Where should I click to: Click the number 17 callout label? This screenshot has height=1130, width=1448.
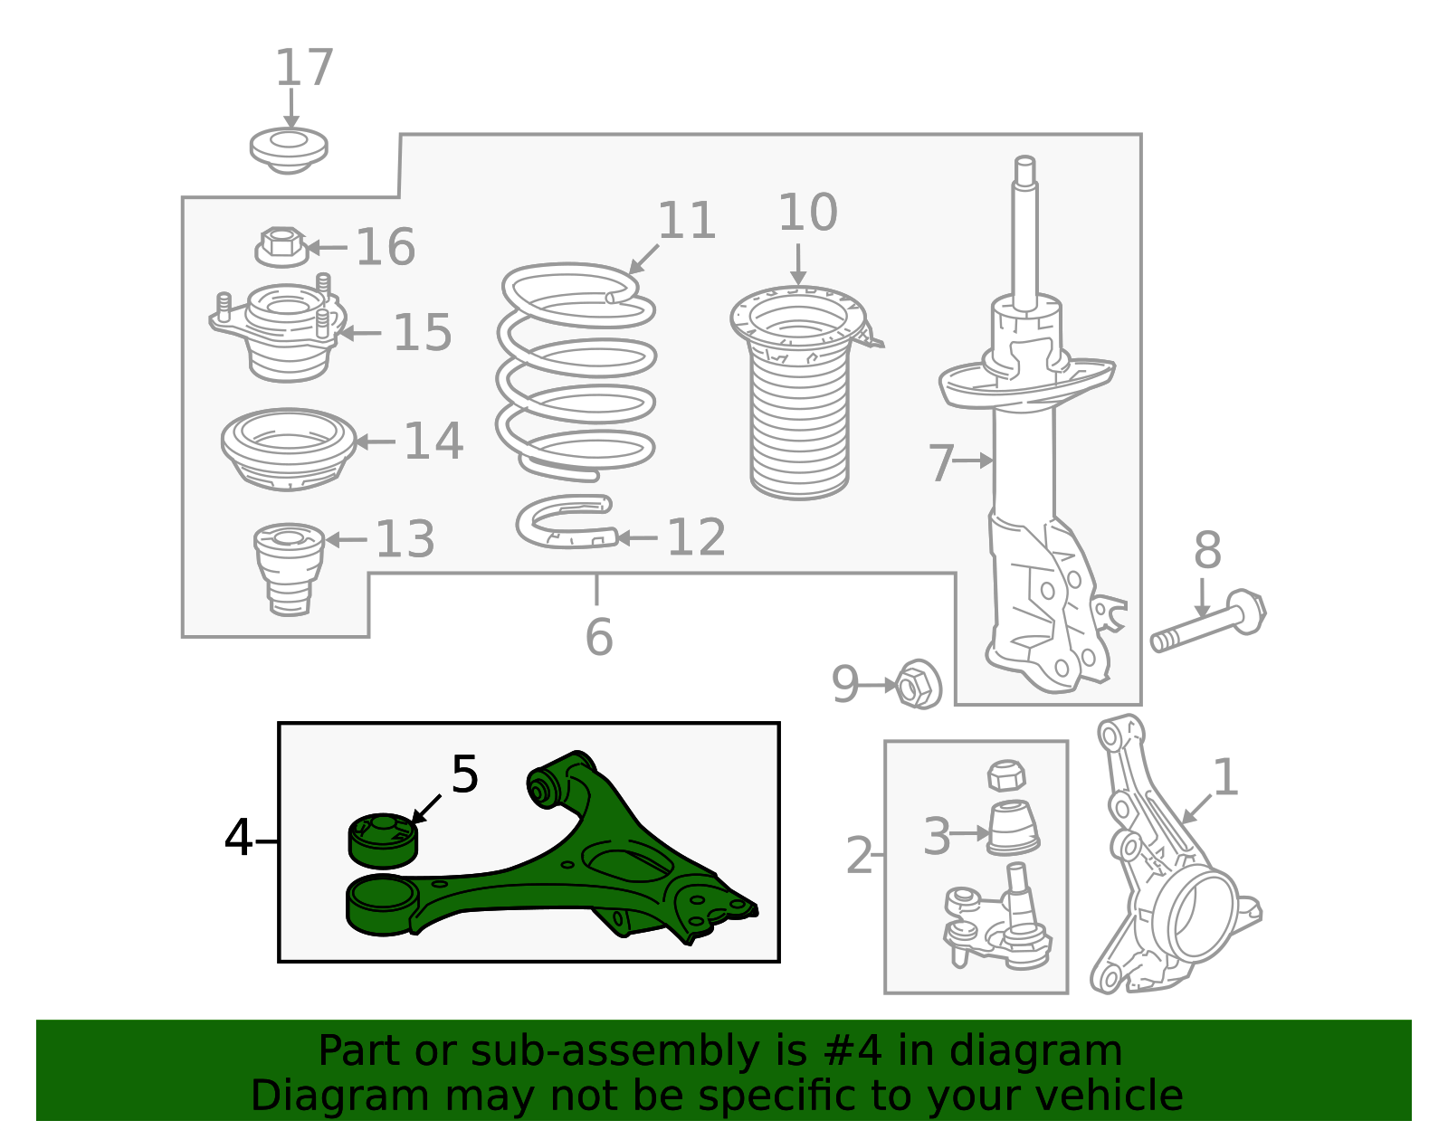(x=304, y=68)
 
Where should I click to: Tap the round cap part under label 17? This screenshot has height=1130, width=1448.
(x=288, y=150)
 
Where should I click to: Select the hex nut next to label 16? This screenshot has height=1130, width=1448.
(x=281, y=246)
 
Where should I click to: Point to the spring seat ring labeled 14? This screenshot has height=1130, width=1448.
(x=288, y=448)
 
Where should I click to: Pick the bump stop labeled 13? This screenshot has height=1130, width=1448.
(x=289, y=568)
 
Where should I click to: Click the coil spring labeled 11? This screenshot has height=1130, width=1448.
(x=576, y=371)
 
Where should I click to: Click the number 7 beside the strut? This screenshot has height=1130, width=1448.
(x=941, y=462)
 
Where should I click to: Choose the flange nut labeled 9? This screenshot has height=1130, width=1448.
(x=918, y=685)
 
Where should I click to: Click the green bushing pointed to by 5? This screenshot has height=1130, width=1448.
(x=383, y=839)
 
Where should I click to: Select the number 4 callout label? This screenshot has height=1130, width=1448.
(x=238, y=838)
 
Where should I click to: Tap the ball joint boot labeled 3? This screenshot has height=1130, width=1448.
(x=1012, y=827)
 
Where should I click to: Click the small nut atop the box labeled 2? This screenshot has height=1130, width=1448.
(x=1006, y=775)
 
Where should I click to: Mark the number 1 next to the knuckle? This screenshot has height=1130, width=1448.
(x=1224, y=777)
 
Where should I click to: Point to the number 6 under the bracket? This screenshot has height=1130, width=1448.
(x=598, y=637)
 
